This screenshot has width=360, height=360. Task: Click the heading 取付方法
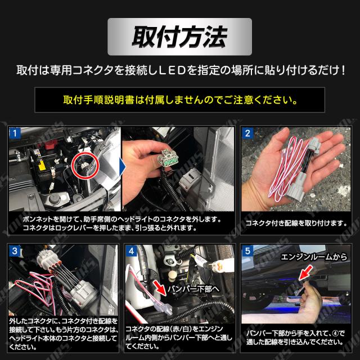[x=180, y=37]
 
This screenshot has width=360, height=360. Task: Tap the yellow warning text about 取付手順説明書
[x=180, y=100]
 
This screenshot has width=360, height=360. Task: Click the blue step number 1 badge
[x=15, y=133]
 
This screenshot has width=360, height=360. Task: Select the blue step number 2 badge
[x=247, y=133]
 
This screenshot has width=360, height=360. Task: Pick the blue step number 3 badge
[x=15, y=251]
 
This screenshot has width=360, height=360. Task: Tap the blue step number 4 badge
[x=131, y=251]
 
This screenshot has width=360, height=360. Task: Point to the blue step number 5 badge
[x=247, y=251]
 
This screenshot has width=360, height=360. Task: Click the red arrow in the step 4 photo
[x=160, y=287]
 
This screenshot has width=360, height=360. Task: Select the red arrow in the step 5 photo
[x=305, y=273]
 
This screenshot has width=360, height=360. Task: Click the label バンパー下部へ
[x=193, y=289]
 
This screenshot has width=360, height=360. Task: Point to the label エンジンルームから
[x=314, y=257]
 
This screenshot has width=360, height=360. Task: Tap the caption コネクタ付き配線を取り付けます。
[x=296, y=223]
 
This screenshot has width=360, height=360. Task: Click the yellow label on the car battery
[x=42, y=166]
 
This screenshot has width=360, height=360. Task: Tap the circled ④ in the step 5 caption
[x=335, y=333]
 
